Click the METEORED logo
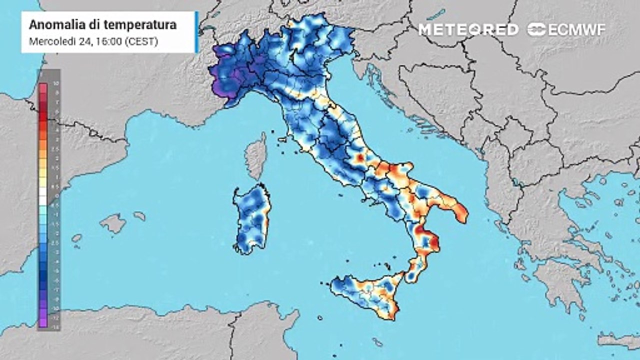[468, 29]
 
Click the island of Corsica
[256, 155]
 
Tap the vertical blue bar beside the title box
[196, 32]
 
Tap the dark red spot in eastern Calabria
[434, 243]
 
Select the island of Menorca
[139, 216]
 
